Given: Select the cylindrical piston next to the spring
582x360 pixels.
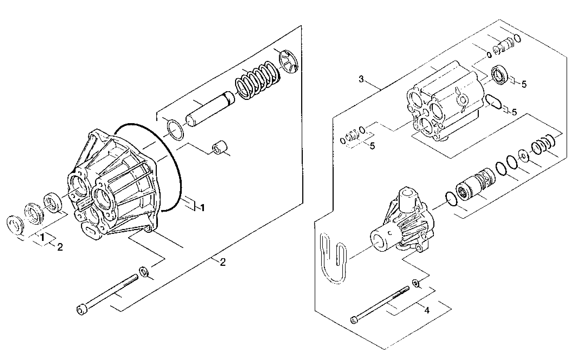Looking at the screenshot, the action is click(210, 109).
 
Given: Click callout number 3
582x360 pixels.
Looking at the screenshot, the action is click(361, 79).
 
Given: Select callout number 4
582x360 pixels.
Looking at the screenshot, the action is click(427, 310).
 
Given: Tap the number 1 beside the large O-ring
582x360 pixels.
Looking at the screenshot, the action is click(202, 208).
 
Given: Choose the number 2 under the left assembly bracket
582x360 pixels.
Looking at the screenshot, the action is click(223, 262).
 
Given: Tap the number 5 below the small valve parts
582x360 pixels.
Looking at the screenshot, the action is click(372, 146).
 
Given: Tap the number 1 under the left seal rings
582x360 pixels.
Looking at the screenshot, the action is click(42, 237).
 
